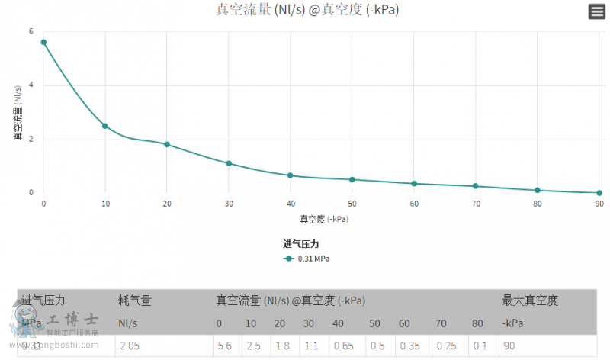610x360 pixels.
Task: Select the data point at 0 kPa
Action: (x=43, y=43)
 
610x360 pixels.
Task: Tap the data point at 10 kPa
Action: (x=105, y=126)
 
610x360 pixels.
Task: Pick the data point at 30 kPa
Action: (x=229, y=163)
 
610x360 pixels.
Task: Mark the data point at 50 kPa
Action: (x=352, y=179)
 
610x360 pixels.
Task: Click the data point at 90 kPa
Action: (x=599, y=193)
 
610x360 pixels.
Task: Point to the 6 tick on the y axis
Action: (x=31, y=31)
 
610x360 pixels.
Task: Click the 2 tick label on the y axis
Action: (x=31, y=139)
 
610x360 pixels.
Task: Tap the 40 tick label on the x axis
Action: (x=291, y=204)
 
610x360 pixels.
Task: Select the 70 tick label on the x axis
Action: (x=476, y=204)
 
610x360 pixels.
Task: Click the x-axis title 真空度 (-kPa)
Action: (x=323, y=219)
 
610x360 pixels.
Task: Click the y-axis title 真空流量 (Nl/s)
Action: (x=18, y=113)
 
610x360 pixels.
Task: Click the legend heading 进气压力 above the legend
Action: (x=300, y=244)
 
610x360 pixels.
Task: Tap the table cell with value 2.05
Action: (x=130, y=346)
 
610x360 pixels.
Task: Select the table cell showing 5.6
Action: (x=224, y=346)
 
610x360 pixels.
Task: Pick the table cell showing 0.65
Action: (x=343, y=346)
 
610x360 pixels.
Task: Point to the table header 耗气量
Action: (x=135, y=301)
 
